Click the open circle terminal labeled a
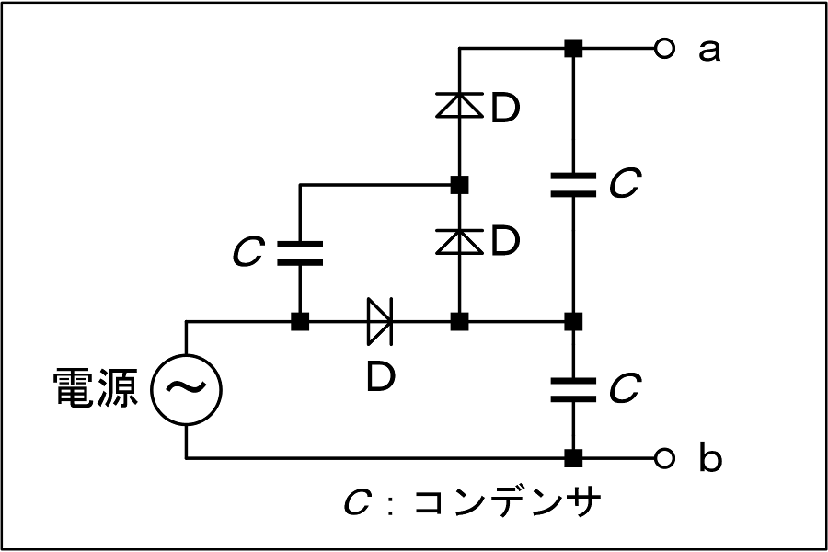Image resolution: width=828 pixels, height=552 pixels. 664,49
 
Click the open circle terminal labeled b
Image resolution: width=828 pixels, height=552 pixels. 664,457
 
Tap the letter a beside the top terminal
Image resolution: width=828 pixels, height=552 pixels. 708,52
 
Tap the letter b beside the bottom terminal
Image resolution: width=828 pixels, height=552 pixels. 710,456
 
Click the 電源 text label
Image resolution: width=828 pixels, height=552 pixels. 96,387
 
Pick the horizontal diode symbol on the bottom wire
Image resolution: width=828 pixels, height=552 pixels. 380,321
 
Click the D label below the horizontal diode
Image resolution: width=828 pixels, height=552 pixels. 381,377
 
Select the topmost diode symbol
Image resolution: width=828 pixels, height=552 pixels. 459,105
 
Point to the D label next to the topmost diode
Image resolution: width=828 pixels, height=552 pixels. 505,109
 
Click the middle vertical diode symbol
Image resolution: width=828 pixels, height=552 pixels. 459,241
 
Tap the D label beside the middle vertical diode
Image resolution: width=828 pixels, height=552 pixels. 505,241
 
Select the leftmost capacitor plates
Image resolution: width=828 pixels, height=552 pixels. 300,253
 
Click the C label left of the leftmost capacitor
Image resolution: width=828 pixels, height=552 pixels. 247,252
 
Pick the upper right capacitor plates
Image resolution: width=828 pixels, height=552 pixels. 573,185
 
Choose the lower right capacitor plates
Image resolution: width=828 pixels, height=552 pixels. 573,389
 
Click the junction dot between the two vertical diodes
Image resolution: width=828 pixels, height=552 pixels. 459,185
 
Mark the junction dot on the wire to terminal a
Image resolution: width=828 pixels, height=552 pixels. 573,49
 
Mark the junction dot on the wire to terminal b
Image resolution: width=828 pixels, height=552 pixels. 573,458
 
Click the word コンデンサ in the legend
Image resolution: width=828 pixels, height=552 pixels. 508,501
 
